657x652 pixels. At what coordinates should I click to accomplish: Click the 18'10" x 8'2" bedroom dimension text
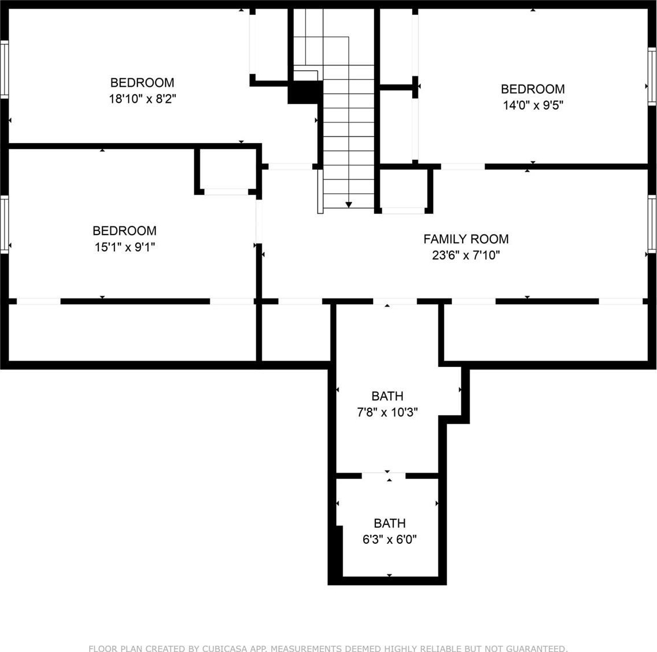click(143, 99)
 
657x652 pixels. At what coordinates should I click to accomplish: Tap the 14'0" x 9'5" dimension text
click(533, 105)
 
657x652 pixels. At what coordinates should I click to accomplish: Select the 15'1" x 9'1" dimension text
click(124, 247)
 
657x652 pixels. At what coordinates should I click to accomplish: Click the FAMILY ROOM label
click(466, 239)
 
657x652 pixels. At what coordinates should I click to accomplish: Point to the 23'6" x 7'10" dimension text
click(466, 255)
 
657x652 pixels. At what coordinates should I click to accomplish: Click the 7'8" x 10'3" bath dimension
click(387, 412)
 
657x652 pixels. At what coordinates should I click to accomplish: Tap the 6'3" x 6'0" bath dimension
click(389, 539)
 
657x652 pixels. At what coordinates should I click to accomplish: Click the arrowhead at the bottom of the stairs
click(348, 205)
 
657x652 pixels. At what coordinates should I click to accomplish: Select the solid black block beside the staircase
click(305, 92)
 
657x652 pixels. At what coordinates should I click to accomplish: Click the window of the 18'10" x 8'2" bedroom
click(4, 70)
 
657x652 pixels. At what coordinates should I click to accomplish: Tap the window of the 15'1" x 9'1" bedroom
click(4, 224)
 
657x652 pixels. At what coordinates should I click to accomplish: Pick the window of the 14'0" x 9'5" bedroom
click(652, 76)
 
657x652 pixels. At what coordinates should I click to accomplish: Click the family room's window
click(652, 224)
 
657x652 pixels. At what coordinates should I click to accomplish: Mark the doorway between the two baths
click(383, 475)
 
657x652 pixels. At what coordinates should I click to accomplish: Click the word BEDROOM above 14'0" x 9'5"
click(533, 89)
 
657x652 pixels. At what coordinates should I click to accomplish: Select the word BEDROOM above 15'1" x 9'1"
click(124, 231)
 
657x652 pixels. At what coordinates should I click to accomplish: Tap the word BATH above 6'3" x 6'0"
click(390, 523)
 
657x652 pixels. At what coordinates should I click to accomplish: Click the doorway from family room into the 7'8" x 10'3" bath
click(395, 301)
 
